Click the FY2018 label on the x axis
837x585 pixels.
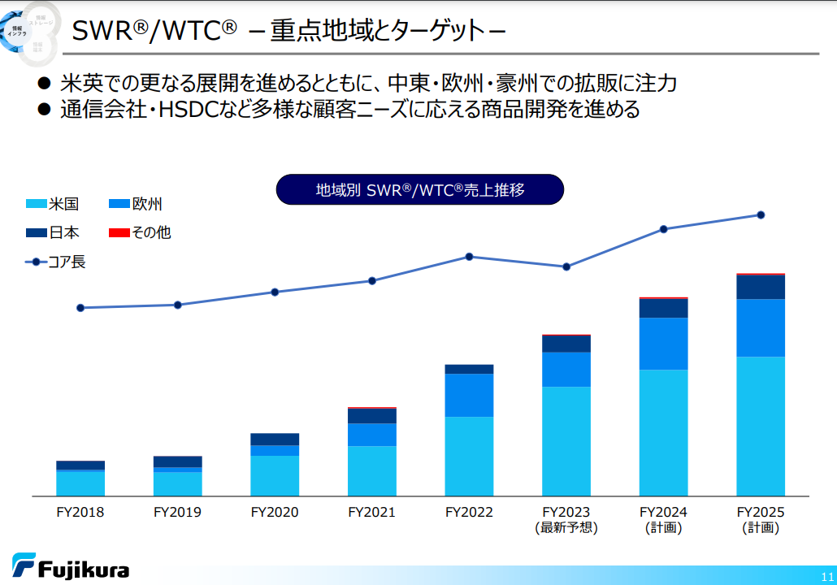[80, 513]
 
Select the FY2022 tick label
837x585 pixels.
[469, 513]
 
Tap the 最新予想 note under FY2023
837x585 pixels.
[566, 528]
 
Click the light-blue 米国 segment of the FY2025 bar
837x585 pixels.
[761, 426]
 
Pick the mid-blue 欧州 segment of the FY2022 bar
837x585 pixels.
[469, 395]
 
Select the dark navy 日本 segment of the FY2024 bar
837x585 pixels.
[663, 308]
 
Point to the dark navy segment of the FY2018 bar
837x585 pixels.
[80, 466]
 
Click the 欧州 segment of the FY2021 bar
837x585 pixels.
[371, 435]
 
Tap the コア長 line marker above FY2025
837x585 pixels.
[761, 215]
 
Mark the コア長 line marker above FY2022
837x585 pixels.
[469, 257]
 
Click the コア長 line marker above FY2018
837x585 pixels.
[80, 308]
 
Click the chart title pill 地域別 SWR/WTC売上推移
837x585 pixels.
[419, 190]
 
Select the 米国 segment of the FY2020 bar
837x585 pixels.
[275, 475]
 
